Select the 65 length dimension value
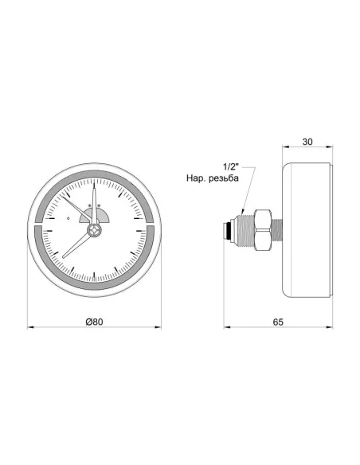coord(278,321)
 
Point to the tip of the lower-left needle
coord(63,256)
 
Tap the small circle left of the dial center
coord(69,217)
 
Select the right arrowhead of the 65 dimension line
coord(329,326)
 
